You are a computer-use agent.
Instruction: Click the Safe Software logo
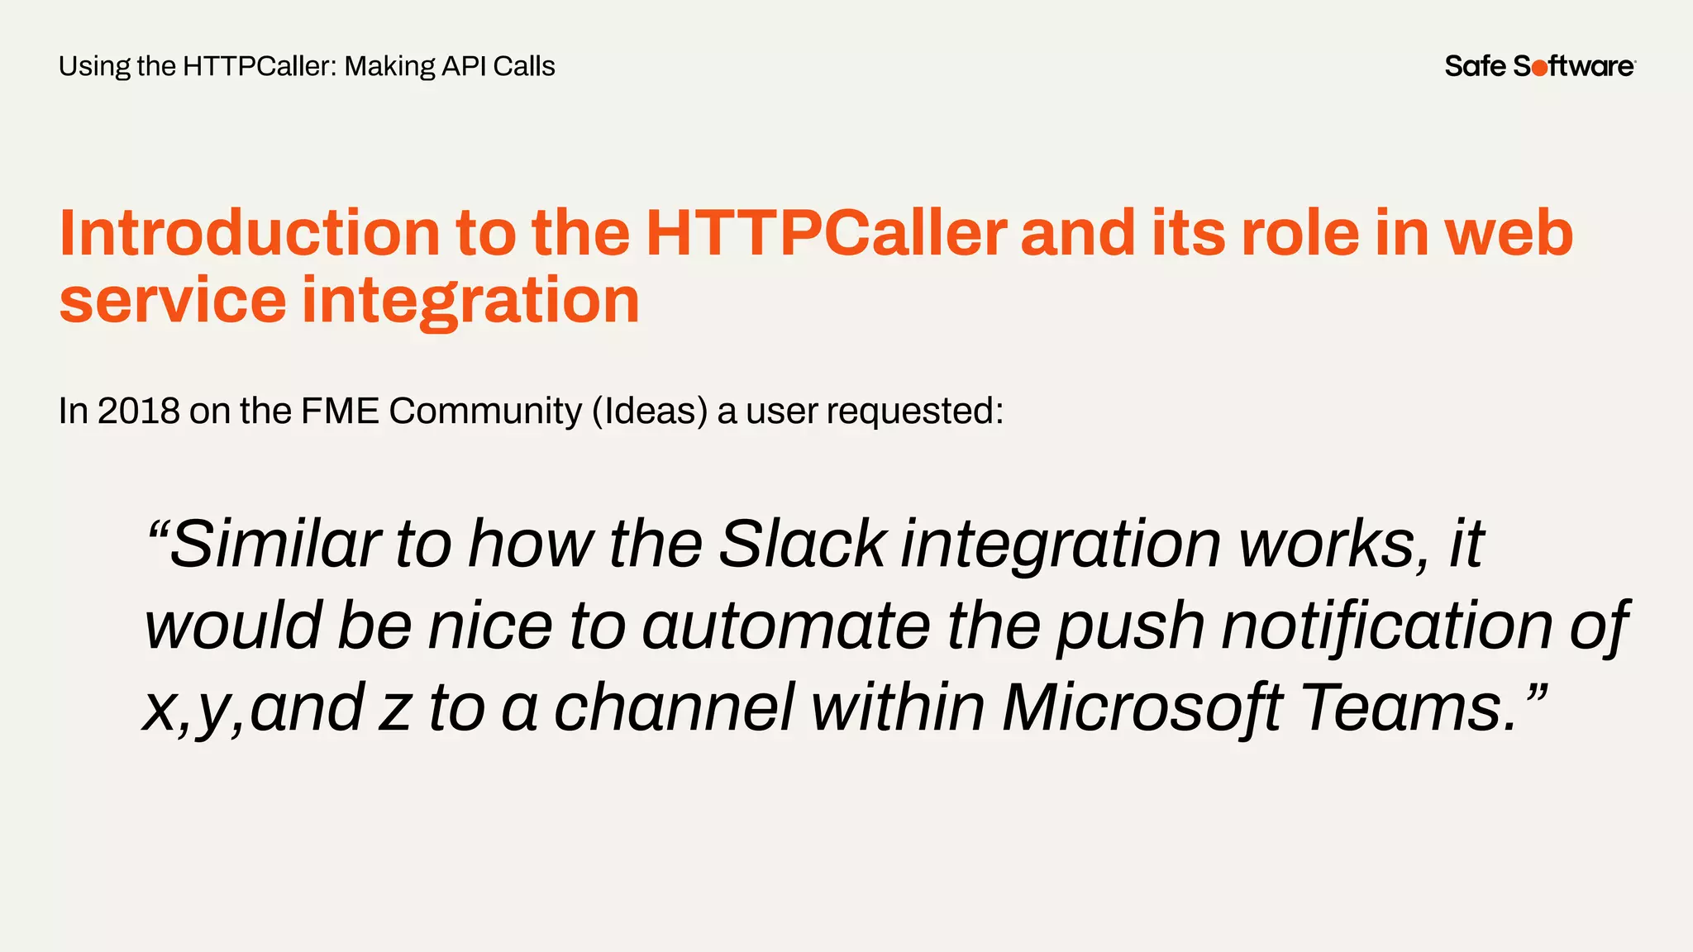[x=1539, y=66]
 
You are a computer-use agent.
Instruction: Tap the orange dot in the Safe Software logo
[x=1539, y=68]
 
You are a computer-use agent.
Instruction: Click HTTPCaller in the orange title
[x=826, y=233]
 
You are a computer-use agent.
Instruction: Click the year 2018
[x=139, y=412]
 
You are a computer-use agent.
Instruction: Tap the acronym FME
[x=340, y=412]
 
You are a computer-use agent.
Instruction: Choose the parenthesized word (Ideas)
[x=650, y=412]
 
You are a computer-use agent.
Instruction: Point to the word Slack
[x=802, y=545]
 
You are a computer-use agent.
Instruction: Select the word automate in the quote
[x=786, y=626]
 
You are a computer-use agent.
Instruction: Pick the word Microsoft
[x=1142, y=708]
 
